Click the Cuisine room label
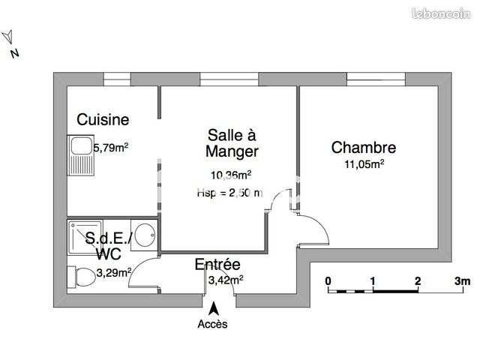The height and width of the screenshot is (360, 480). click(x=103, y=119)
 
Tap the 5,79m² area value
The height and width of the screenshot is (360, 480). click(x=110, y=148)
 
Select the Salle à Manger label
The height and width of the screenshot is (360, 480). click(x=232, y=143)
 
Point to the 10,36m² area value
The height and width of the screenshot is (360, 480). click(x=229, y=175)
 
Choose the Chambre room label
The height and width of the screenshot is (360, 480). click(x=364, y=148)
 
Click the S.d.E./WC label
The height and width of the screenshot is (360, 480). click(x=109, y=246)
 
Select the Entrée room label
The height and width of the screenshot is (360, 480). click(x=217, y=265)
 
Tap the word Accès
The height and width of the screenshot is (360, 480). click(x=212, y=324)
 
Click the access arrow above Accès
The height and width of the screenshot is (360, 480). click(x=214, y=307)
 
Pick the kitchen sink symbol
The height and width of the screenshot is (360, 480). click(x=79, y=154)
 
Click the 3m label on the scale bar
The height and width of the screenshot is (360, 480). click(x=461, y=281)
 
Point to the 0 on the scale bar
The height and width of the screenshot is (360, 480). click(x=328, y=281)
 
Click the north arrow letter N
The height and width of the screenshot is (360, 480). click(x=13, y=52)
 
